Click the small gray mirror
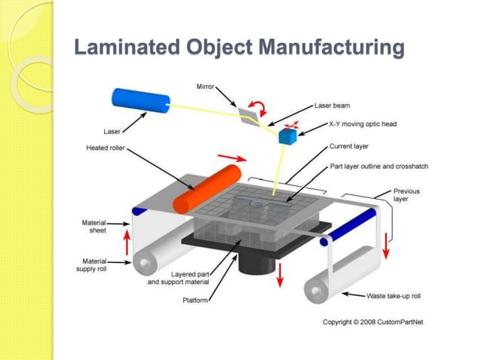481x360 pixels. (249, 115)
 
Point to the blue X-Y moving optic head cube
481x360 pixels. (287, 137)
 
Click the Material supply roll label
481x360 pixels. (95, 265)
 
